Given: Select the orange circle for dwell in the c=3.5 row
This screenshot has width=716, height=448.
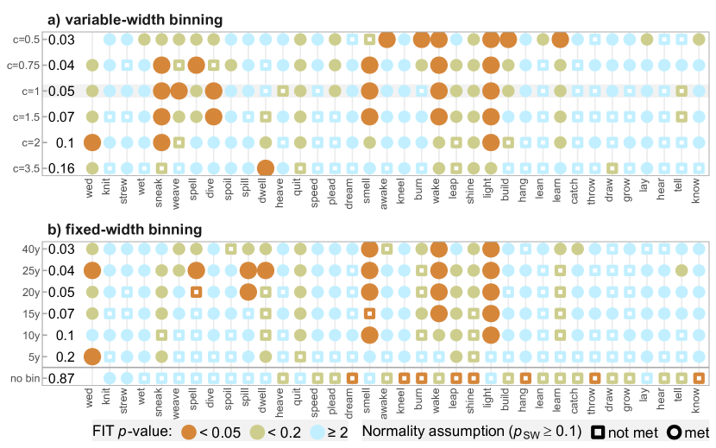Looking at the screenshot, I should pyautogui.click(x=266, y=168).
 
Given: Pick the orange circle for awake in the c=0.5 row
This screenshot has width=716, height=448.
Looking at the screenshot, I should pyautogui.click(x=386, y=39).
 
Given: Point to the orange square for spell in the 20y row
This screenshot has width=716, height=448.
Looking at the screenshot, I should pyautogui.click(x=196, y=292).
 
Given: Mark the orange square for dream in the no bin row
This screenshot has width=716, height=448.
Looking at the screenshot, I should pyautogui.click(x=352, y=377).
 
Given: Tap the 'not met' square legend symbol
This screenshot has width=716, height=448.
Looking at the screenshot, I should pyautogui.click(x=596, y=429).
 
